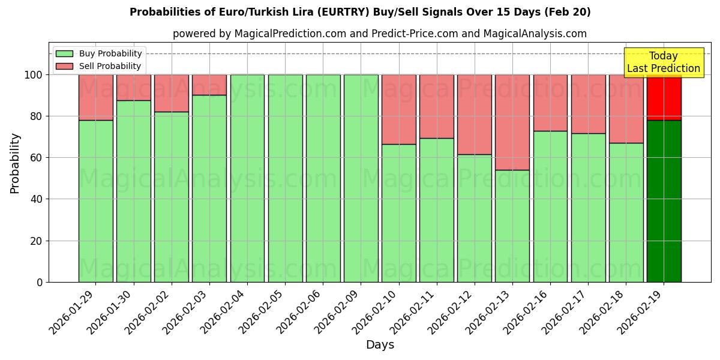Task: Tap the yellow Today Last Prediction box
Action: click(663, 62)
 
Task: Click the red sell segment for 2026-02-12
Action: click(474, 114)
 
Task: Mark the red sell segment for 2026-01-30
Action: click(133, 88)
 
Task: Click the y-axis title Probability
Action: click(15, 163)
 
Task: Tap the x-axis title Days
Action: click(380, 345)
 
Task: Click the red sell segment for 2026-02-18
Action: click(626, 109)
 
